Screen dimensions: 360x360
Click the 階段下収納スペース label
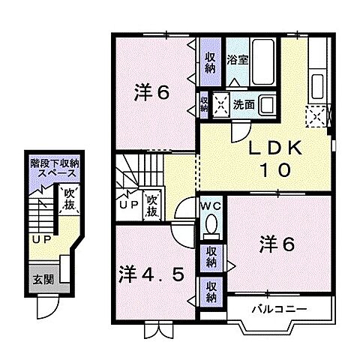coord(57,166)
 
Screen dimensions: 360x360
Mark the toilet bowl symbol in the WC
coord(209,224)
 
